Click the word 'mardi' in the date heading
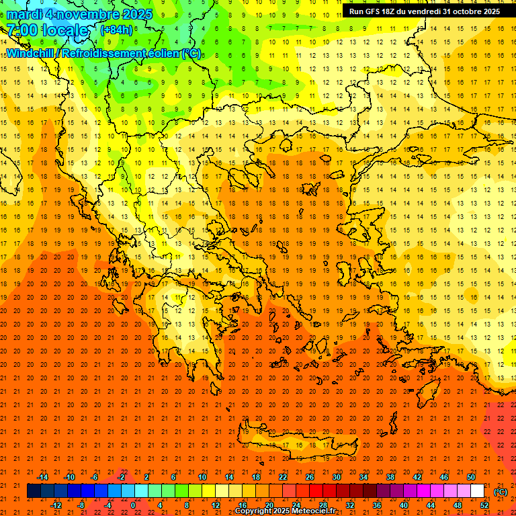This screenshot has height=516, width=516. pyautogui.click(x=28, y=13)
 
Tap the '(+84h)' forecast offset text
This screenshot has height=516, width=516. pyautogui.click(x=116, y=30)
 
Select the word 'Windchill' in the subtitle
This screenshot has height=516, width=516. pyautogui.click(x=30, y=53)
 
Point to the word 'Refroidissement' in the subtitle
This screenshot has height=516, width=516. pyautogui.click(x=102, y=53)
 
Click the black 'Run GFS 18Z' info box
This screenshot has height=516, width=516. pyautogui.click(x=424, y=11)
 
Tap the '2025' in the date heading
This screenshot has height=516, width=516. pyautogui.click(x=134, y=13)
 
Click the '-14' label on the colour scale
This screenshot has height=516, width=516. pyautogui.click(x=42, y=477)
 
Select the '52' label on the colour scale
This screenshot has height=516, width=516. pyautogui.click(x=484, y=505)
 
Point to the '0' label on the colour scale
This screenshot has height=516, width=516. pyautogui.click(x=133, y=505)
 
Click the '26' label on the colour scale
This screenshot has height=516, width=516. pyautogui.click(x=310, y=477)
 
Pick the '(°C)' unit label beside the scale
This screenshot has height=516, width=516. pyautogui.click(x=501, y=491)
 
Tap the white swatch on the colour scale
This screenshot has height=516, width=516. pyautogui.click(x=478, y=491)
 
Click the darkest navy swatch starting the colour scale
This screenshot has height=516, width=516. pyautogui.click(x=34, y=491)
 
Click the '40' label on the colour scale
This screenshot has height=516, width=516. pyautogui.click(x=403, y=505)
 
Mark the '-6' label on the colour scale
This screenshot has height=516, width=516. pyautogui.click(x=95, y=477)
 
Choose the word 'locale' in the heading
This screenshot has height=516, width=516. pyautogui.click(x=64, y=30)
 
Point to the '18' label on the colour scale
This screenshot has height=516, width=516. pyautogui.click(x=256, y=477)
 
